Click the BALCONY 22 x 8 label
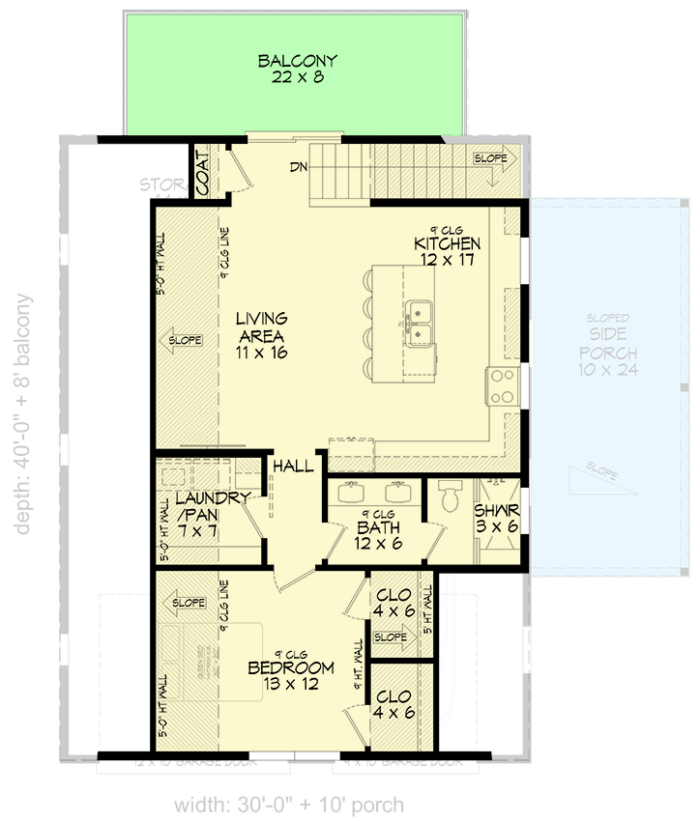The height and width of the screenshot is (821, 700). tap(297, 70)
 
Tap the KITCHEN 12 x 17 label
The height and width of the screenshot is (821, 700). tap(447, 251)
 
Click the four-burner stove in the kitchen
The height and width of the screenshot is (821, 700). tap(503, 385)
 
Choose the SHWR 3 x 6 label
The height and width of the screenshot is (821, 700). tap(497, 519)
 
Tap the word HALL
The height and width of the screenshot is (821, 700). tap(293, 467)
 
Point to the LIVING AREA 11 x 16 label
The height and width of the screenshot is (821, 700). tap(262, 335)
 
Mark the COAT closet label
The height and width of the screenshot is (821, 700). tap(204, 173)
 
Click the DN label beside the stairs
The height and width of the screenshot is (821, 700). tap(298, 167)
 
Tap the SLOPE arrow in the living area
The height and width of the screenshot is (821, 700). tap(184, 340)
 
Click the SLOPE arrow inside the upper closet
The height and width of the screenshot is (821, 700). tap(391, 637)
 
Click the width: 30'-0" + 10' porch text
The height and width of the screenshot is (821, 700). tap(289, 804)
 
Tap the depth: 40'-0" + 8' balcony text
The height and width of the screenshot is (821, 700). tap(24, 413)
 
